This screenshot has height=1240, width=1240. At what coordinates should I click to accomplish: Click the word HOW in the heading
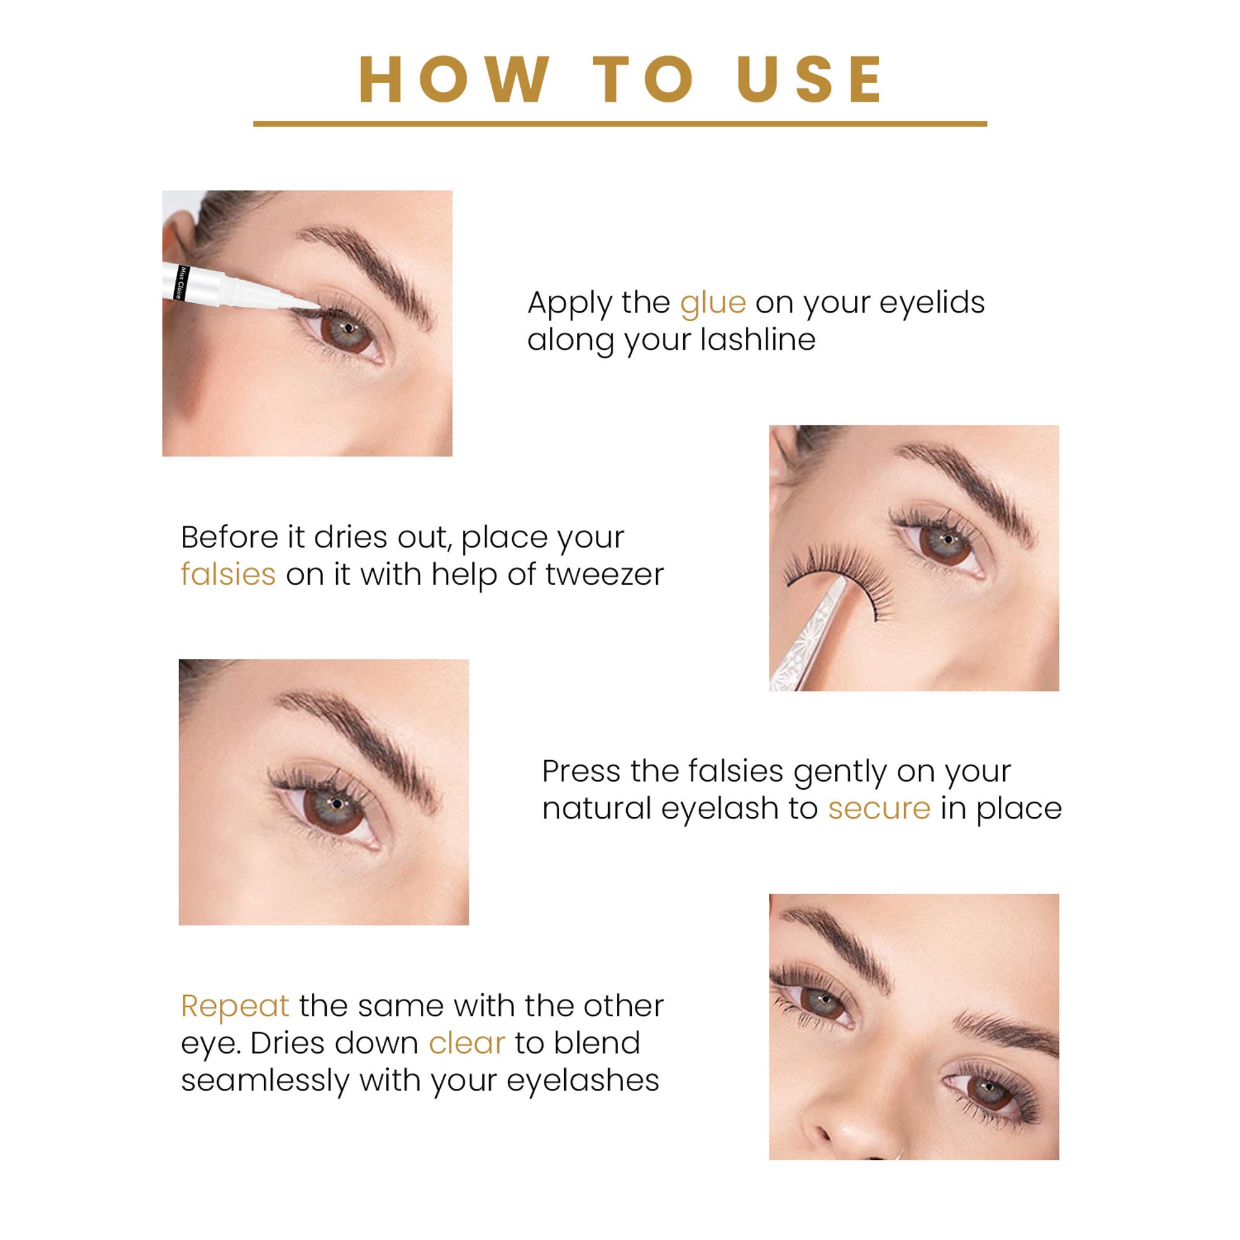(x=453, y=80)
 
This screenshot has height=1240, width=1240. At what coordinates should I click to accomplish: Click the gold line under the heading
(x=619, y=123)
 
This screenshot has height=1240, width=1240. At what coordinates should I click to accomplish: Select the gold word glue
(x=712, y=303)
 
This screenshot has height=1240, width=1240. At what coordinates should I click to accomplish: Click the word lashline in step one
(x=758, y=340)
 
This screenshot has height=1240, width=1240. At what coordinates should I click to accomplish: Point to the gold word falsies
(x=228, y=575)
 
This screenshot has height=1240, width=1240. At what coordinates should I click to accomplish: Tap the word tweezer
(x=604, y=575)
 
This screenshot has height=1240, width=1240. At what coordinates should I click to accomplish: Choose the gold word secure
(x=879, y=808)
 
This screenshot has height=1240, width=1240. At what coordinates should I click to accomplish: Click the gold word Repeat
(x=234, y=1006)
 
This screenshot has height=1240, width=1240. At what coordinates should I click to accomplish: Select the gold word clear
(x=467, y=1043)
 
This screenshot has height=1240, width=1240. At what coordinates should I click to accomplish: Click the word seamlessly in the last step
(x=265, y=1080)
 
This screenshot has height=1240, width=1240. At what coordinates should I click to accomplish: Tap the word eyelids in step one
(x=931, y=303)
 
